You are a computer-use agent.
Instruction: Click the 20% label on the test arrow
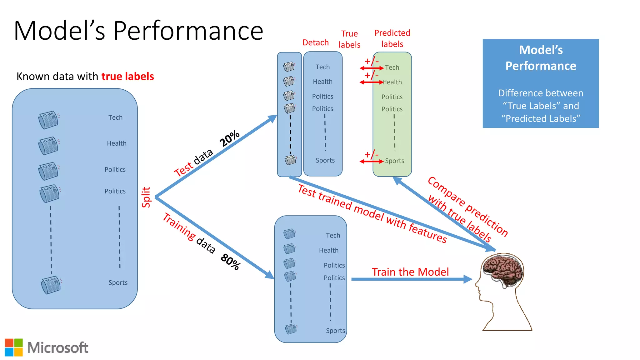click(229, 138)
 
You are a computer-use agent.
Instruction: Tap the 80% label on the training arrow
click(231, 262)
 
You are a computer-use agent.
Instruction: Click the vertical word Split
click(146, 197)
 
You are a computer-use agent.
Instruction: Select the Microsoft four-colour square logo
click(14, 347)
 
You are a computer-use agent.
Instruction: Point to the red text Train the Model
click(410, 272)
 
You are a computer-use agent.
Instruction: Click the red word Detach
click(315, 42)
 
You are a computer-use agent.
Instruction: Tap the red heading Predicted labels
click(392, 38)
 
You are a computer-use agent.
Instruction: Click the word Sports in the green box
click(394, 161)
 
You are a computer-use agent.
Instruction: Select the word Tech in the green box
click(392, 67)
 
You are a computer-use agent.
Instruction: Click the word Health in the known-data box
click(117, 143)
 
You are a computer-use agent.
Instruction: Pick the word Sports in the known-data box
click(118, 283)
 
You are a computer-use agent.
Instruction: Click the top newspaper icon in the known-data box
click(48, 120)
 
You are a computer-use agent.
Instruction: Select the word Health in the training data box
click(328, 250)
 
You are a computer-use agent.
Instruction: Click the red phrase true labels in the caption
click(127, 77)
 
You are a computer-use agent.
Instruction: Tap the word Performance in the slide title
click(188, 31)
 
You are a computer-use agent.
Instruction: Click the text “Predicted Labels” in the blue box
click(541, 119)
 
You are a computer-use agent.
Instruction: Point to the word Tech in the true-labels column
click(322, 67)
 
